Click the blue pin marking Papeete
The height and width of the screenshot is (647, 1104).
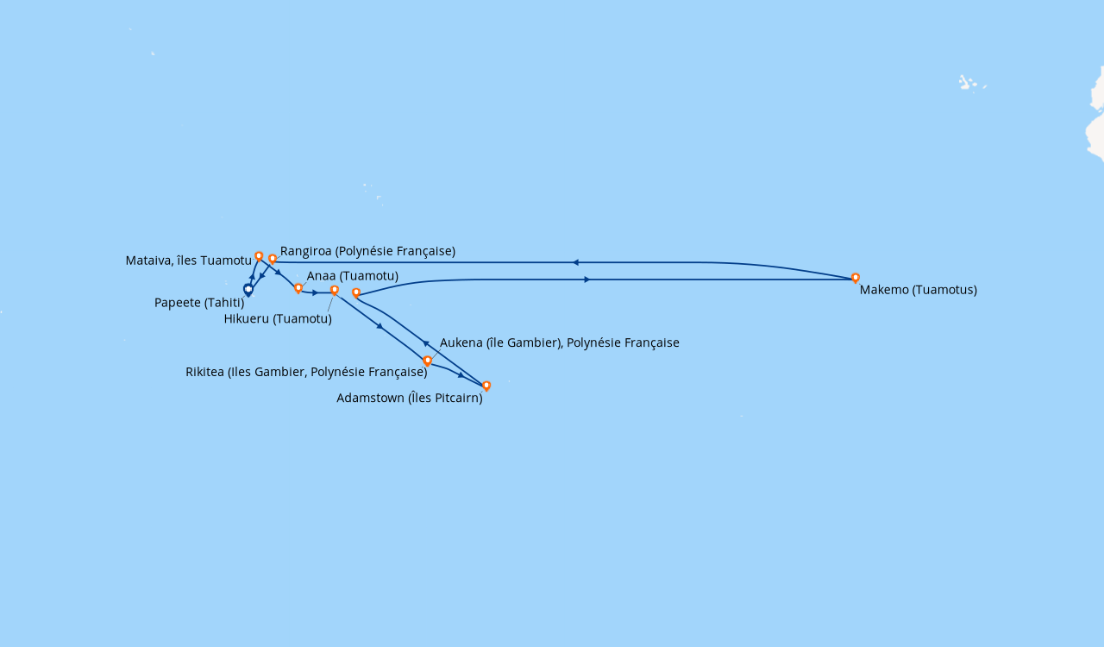tap(248, 290)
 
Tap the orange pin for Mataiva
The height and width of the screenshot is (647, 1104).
tap(259, 256)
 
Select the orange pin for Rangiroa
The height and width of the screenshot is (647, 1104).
tap(273, 259)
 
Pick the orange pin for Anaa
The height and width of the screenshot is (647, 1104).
tap(298, 288)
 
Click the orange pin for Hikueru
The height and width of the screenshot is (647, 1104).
tap(335, 291)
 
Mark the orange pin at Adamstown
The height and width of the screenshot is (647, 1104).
tap(486, 386)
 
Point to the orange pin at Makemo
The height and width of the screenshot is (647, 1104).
tap(856, 278)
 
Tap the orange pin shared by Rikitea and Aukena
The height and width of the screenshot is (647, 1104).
tap(427, 361)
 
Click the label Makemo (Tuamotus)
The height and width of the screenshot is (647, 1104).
tap(918, 290)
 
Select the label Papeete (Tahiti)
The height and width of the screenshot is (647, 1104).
tap(199, 303)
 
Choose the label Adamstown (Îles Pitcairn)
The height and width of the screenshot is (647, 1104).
tap(409, 399)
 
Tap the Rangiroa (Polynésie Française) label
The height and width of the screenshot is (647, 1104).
tap(367, 251)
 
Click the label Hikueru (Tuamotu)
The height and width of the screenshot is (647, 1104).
tap(278, 319)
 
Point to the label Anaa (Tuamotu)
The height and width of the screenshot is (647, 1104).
tap(352, 276)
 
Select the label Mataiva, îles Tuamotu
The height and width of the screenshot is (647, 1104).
tap(188, 261)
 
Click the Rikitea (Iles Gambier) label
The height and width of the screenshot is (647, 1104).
tap(306, 373)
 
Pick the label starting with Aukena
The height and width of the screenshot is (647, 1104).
tap(559, 343)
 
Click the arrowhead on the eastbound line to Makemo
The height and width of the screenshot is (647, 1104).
tap(586, 280)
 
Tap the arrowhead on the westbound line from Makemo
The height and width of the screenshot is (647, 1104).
tap(574, 262)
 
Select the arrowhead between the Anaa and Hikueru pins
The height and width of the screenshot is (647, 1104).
tap(316, 293)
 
